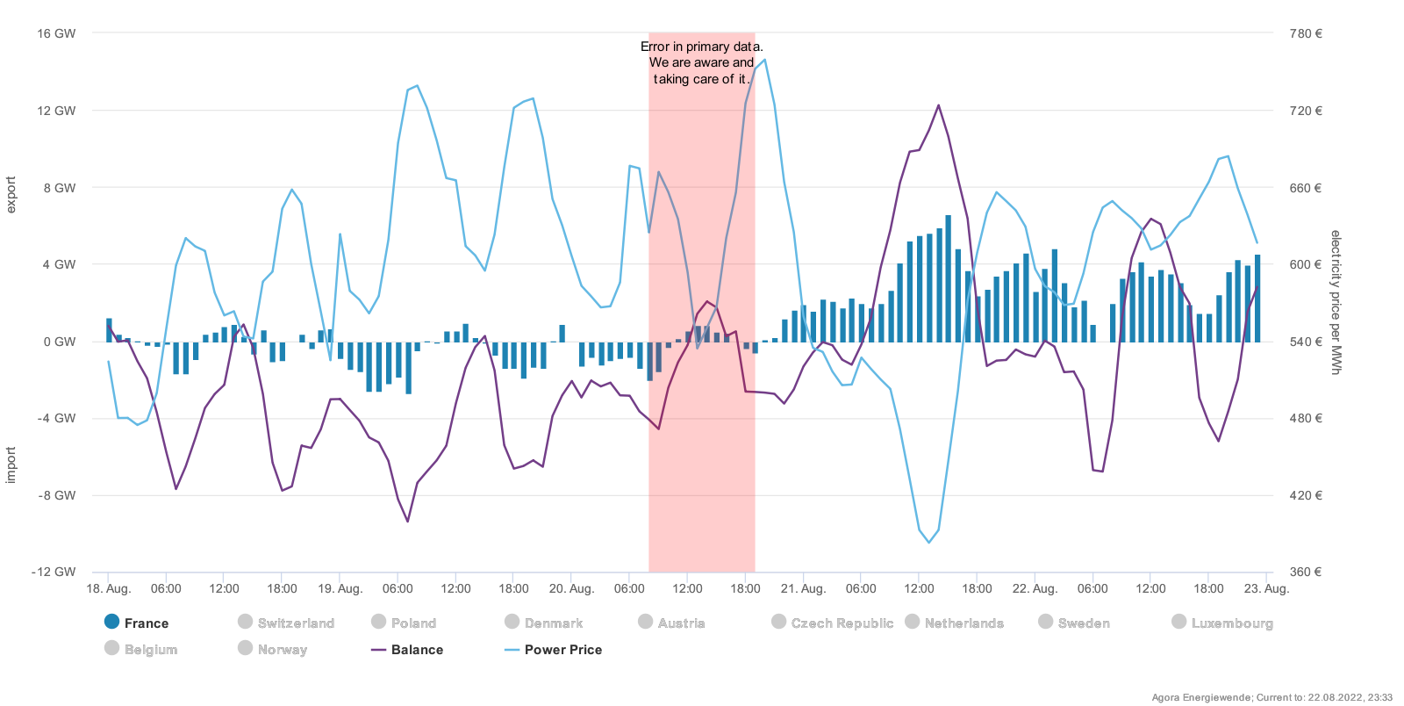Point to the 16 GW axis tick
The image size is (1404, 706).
pyautogui.click(x=56, y=33)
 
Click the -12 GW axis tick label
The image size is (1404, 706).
pyautogui.click(x=54, y=572)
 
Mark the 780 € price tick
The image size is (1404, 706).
pyautogui.click(x=1306, y=33)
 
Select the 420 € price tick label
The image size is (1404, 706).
pyautogui.click(x=1306, y=495)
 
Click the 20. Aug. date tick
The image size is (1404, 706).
pyautogui.click(x=571, y=588)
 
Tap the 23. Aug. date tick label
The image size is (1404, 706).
pyautogui.click(x=1266, y=588)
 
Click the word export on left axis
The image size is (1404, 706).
pyautogui.click(x=11, y=194)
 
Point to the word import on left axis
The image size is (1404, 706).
pyautogui.click(x=11, y=465)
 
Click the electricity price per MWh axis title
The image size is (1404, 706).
pyautogui.click(x=1336, y=302)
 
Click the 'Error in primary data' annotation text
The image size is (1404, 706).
pyautogui.click(x=701, y=62)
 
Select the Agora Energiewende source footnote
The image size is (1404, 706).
pyautogui.click(x=1271, y=697)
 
